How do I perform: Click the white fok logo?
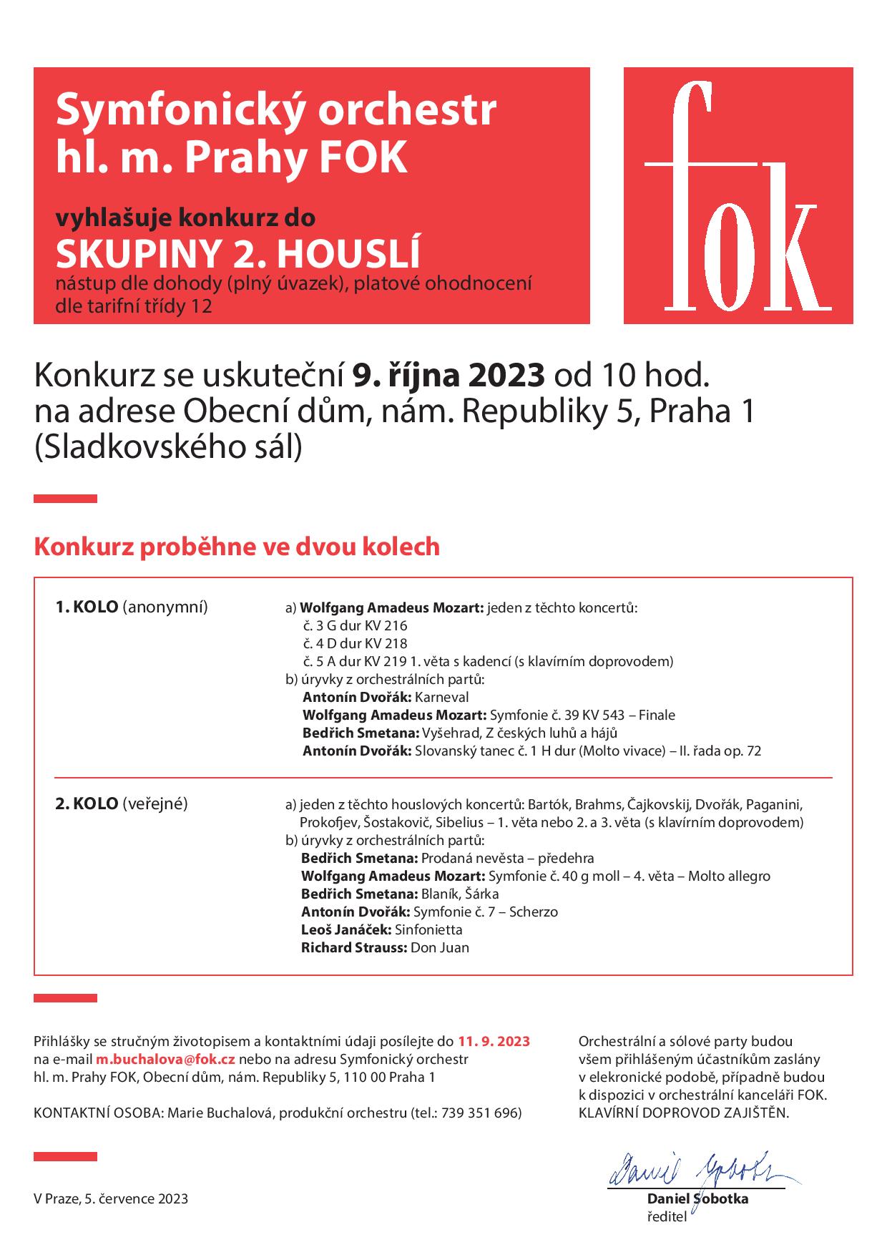[x=738, y=196]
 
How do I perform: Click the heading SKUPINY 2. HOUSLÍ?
[x=239, y=254]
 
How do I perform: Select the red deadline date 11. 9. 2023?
[x=494, y=1041]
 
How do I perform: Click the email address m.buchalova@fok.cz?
[x=166, y=1059]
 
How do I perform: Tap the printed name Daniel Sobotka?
[x=697, y=1199]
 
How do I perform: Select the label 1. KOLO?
[x=87, y=607]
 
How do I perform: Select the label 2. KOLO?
[x=87, y=804]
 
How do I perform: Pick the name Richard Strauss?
[x=353, y=947]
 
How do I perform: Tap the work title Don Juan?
[x=440, y=947]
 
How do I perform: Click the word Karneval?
[x=442, y=697]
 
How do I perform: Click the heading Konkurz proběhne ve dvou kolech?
[x=237, y=547]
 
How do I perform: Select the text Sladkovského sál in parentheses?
[x=168, y=447]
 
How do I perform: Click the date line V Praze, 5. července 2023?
[x=111, y=1198]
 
